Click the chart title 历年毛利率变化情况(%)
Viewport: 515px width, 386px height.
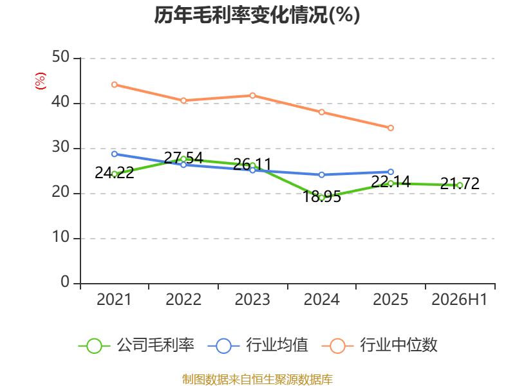click(x=257, y=15)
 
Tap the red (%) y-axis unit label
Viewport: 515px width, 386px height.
click(x=41, y=81)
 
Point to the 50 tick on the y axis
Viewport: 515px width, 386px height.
click(x=61, y=57)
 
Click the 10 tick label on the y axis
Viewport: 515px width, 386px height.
click(x=61, y=237)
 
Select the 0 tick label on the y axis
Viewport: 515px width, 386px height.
click(x=65, y=282)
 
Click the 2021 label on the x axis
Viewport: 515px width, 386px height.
click(x=114, y=299)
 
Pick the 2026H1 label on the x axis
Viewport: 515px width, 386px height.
click(x=459, y=299)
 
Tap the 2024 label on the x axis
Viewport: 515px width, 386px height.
click(x=321, y=299)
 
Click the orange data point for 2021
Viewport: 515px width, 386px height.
click(x=115, y=85)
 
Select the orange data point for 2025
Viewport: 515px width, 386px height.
click(x=391, y=128)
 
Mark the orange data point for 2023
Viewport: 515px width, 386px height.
click(x=252, y=95)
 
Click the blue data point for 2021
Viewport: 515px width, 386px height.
click(x=115, y=154)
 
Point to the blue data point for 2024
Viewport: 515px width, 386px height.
click(x=321, y=175)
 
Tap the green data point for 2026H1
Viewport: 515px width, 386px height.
click(x=460, y=185)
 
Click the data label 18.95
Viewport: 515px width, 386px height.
click(x=321, y=197)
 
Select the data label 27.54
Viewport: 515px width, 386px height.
click(x=183, y=158)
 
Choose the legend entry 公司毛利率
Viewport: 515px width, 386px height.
click(x=136, y=345)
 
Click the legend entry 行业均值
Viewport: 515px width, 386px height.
click(x=258, y=345)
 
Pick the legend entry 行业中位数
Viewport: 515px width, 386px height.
click(x=379, y=345)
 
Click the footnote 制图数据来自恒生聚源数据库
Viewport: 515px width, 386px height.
click(x=257, y=380)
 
